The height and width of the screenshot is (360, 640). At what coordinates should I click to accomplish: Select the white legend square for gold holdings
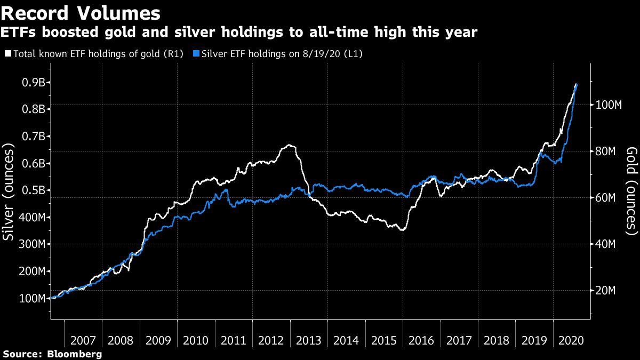coord(7,54)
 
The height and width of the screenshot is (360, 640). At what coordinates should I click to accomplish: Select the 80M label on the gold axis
coord(607,151)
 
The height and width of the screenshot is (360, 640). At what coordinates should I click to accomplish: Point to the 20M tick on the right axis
coord(607,291)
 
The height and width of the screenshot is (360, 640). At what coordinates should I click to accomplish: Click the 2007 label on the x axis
coord(83,340)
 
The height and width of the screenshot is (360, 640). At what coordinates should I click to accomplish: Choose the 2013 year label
coord(309,340)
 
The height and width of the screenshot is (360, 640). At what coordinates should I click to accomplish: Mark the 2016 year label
coord(422,340)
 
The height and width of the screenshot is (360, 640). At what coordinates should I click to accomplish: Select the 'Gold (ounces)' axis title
coord(631,191)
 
